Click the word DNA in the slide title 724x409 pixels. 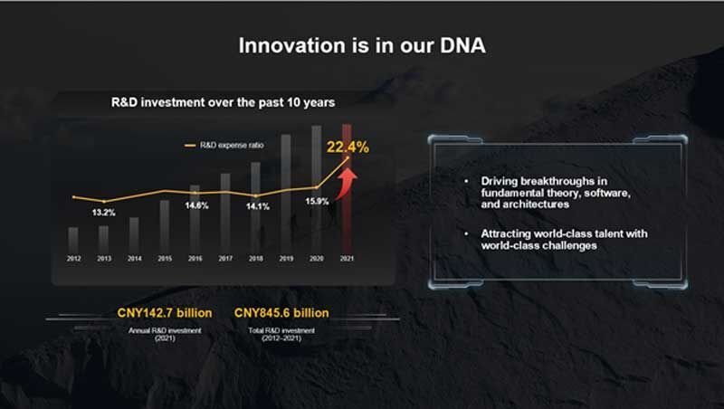pos(462,45)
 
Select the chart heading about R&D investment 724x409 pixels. pos(223,102)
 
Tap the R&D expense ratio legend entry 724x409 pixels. pos(224,146)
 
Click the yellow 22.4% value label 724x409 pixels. pos(348,147)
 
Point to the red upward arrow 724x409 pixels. pos(347,184)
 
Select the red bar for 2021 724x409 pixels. pos(347,188)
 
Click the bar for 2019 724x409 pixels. pos(286,194)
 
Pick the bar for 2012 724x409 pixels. pos(73,240)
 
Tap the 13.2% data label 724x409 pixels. pos(103,213)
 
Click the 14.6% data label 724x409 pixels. pos(196,205)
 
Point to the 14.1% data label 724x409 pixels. pos(258,206)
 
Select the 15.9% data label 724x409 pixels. pos(318,201)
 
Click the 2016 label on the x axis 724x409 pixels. pos(195,259)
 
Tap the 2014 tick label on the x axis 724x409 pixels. pos(134,259)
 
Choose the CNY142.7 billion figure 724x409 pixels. pos(165,313)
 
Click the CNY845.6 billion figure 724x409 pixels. pos(281,313)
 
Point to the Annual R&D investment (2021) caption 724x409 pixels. pos(165,334)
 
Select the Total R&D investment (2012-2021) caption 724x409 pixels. pos(281,334)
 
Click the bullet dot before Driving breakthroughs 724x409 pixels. pos(466,181)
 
